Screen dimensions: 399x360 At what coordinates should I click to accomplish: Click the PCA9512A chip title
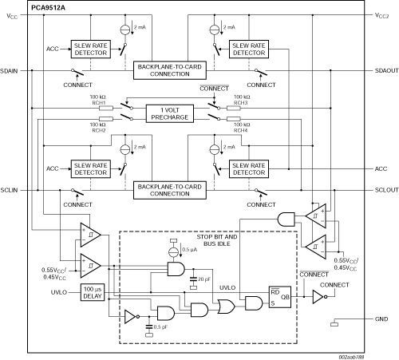coord(48,8)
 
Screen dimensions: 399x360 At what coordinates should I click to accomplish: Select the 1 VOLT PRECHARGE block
coord(170,113)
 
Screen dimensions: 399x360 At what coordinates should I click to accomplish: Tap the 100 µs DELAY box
coord(93,292)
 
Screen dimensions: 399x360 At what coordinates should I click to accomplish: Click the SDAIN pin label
coord(9,71)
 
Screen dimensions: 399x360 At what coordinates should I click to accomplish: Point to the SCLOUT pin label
coord(387,190)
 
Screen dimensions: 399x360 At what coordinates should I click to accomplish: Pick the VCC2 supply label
coord(382,15)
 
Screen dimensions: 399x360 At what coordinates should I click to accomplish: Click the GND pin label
coord(381,318)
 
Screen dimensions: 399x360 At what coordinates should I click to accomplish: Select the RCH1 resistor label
coord(99,103)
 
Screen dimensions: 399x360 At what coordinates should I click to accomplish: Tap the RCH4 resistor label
coord(241,130)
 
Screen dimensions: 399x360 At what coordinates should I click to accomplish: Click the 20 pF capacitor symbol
coord(193,279)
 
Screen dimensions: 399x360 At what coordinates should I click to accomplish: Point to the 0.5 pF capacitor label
coord(160,327)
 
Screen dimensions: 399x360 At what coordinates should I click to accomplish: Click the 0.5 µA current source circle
coord(174,251)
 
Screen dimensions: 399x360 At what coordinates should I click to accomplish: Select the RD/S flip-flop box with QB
coord(280,297)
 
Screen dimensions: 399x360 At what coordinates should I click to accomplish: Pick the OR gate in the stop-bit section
coord(227,307)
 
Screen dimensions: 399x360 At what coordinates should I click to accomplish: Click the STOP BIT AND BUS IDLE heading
coord(217,240)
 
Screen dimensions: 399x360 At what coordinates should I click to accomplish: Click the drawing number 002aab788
coord(351,357)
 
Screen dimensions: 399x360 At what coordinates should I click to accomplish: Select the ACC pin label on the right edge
coord(381,168)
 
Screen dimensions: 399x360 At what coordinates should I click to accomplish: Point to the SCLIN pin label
coord(9,190)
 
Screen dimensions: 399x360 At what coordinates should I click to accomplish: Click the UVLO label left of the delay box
coord(59,292)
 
